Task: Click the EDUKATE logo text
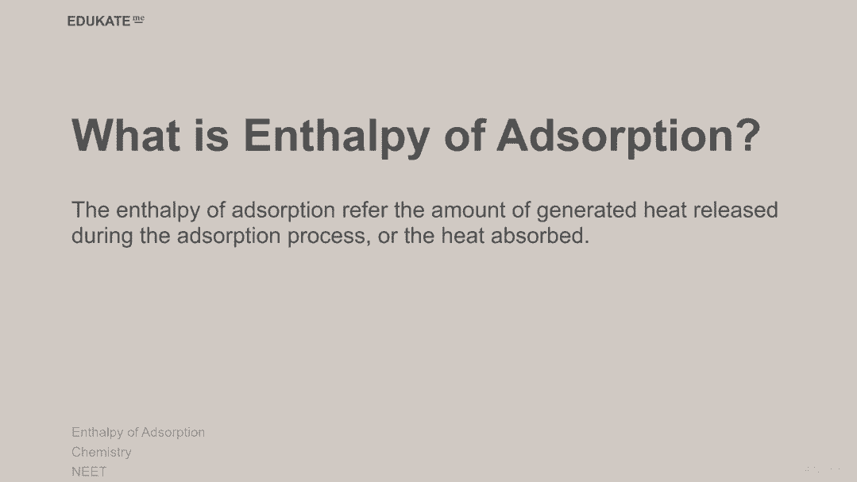99,21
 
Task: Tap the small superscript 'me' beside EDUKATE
139,19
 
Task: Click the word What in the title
125,134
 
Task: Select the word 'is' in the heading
211,134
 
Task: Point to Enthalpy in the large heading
336,137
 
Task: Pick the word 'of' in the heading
464,134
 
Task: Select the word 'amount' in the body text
468,210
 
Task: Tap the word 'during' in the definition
102,237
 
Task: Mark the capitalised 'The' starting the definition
91,210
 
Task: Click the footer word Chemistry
102,453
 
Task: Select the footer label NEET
89,472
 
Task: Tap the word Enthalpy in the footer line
97,433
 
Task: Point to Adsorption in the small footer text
172,433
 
